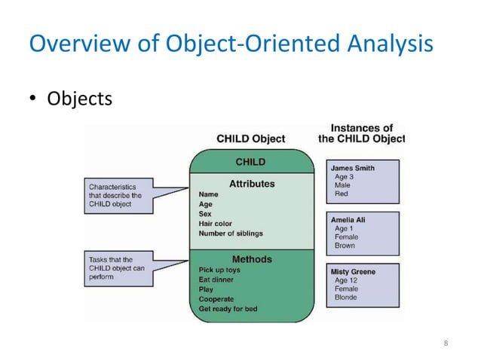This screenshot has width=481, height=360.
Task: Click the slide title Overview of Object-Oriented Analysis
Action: click(230, 44)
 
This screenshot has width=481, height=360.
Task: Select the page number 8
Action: click(446, 344)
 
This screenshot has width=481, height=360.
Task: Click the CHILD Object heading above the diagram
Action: click(250, 139)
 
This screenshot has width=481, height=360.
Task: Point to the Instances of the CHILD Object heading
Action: click(360, 133)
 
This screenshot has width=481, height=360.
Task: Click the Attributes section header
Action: click(252, 183)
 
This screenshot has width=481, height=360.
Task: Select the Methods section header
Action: click(252, 259)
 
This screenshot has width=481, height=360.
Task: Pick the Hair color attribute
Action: click(215, 224)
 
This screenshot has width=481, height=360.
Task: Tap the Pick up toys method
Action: click(219, 270)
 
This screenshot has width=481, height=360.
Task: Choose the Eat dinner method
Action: click(216, 279)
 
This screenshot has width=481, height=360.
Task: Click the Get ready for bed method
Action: click(227, 309)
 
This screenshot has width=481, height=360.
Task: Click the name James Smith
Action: click(354, 167)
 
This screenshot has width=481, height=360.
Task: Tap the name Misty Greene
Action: click(353, 271)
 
